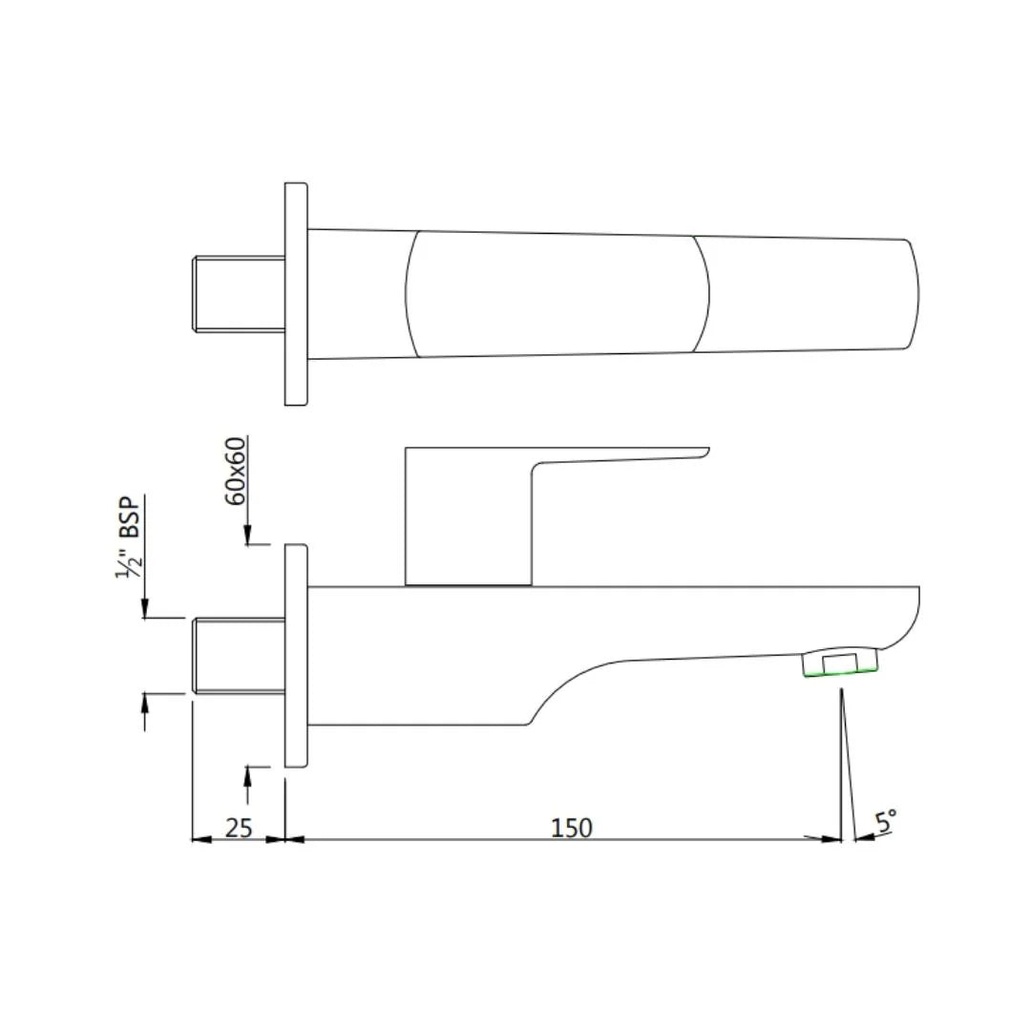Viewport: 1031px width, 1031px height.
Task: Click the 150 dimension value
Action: pos(571,827)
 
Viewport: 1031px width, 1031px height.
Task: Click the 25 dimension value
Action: pos(238,827)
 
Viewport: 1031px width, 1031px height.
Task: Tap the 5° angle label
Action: pos(886,821)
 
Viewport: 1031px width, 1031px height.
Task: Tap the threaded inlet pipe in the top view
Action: pos(239,294)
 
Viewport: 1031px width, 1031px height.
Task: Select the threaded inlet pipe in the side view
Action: pos(239,656)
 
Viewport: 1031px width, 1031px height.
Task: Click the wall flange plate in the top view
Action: pos(296,294)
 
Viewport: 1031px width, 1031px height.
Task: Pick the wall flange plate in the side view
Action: pos(296,655)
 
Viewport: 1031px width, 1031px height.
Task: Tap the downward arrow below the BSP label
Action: pos(145,608)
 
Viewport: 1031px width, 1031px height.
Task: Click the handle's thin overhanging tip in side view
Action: pos(687,452)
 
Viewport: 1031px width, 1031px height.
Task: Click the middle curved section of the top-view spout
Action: pos(558,294)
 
